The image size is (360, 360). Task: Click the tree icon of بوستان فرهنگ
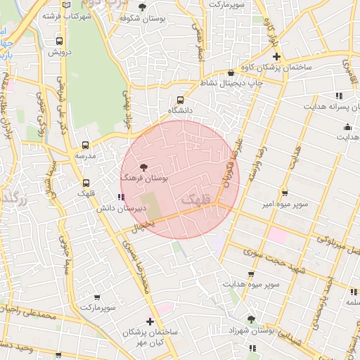pos(144,167)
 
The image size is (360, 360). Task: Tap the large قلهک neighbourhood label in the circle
pos(196,200)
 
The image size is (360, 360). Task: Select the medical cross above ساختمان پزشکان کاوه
pos(276,56)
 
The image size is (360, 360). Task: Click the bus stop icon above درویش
pos(59,41)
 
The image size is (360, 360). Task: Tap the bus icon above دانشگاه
pos(181,100)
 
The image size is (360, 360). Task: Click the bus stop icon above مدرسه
pos(86,144)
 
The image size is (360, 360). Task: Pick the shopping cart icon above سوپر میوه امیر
pos(284,193)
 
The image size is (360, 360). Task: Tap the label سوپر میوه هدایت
pos(252,284)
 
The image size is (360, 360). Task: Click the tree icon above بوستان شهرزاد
pos(251,319)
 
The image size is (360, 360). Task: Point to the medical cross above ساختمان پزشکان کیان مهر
pos(150,321)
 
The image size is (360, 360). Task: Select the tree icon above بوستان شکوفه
pos(142,8)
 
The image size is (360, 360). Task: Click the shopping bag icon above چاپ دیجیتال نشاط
pos(231,72)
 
